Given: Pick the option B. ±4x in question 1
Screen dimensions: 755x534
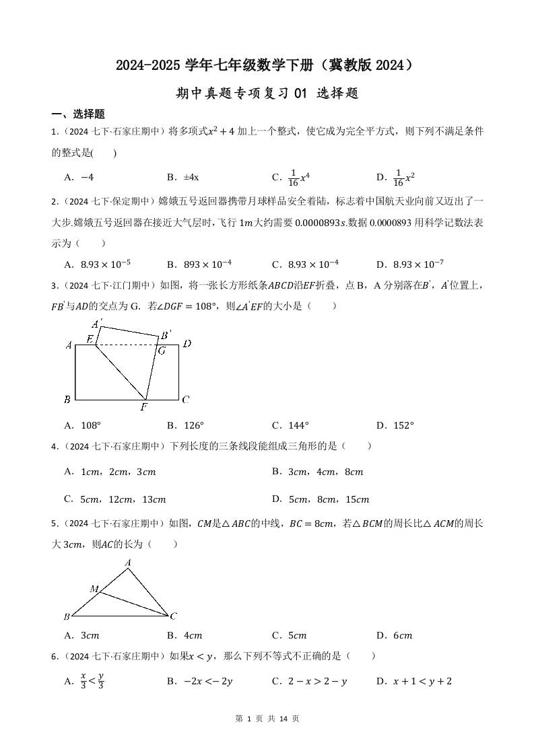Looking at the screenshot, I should pyautogui.click(x=182, y=178).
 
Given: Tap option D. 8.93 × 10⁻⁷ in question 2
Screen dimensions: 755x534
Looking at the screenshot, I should pyautogui.click(x=409, y=264).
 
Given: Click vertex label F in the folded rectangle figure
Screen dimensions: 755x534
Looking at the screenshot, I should pyautogui.click(x=143, y=408).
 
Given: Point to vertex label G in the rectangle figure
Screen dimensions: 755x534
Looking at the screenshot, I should pyautogui.click(x=161, y=351).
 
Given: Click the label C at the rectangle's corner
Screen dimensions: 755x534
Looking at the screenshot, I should pyautogui.click(x=186, y=400).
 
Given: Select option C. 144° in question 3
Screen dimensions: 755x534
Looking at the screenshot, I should pyautogui.click(x=290, y=425).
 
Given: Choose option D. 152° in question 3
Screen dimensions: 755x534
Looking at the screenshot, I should pyautogui.click(x=395, y=425).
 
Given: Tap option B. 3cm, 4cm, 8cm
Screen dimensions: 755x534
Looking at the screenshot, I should pyautogui.click(x=317, y=472).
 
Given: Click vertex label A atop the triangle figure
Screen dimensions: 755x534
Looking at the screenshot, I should pyautogui.click(x=128, y=563).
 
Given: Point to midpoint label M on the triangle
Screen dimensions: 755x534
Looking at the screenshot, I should pyautogui.click(x=94, y=589).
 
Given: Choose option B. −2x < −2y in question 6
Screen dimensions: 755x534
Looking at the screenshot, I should pyautogui.click(x=199, y=681).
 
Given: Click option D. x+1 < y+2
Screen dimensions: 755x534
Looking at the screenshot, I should pyautogui.click(x=413, y=681).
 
